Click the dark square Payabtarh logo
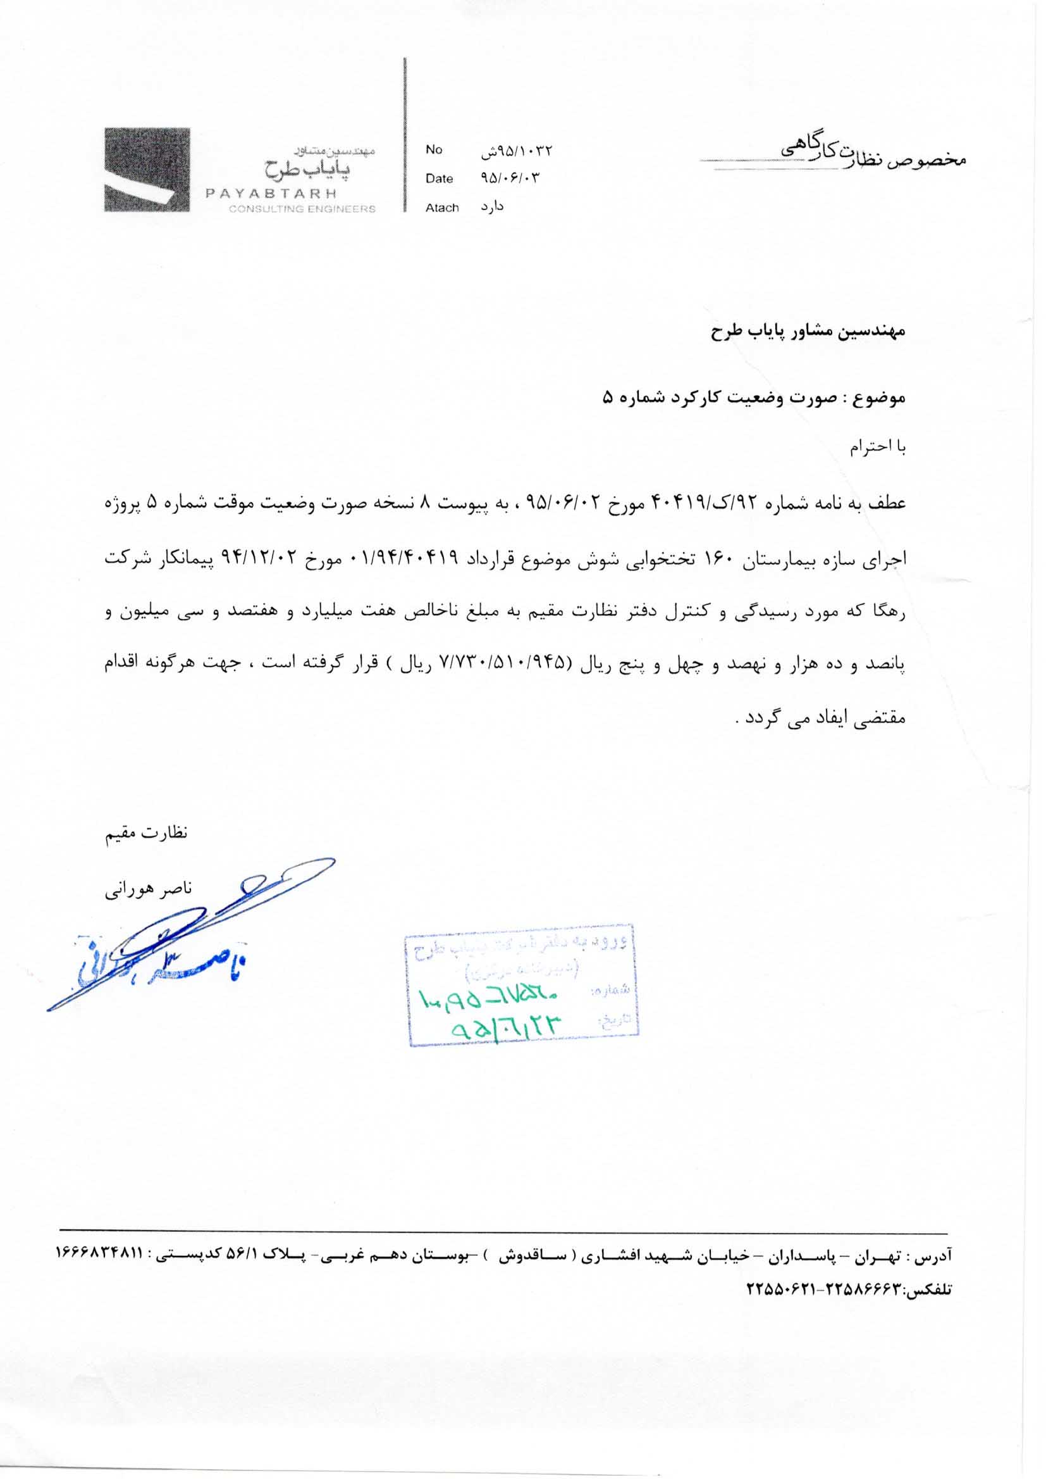pyautogui.click(x=147, y=170)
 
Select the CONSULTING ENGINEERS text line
pyautogui.click(x=302, y=209)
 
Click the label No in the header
pyautogui.click(x=433, y=149)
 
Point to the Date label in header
pyautogui.click(x=439, y=179)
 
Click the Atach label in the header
pyautogui.click(x=442, y=208)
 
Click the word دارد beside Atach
pyautogui.click(x=492, y=207)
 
